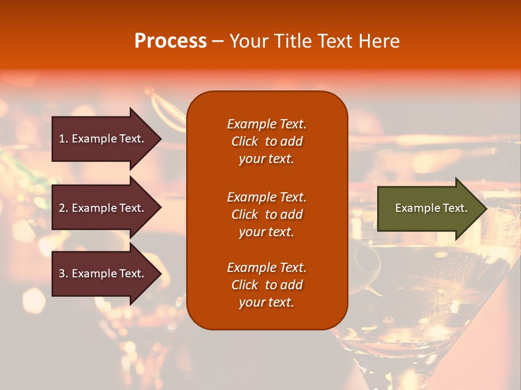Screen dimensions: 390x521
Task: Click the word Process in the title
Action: pos(170,41)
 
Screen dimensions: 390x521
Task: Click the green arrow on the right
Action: pos(429,209)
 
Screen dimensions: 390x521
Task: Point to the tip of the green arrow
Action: pos(485,209)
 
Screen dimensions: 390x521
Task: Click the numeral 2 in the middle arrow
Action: pos(62,208)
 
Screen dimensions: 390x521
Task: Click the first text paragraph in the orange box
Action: pos(266,141)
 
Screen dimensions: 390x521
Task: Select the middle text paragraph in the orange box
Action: pos(266,214)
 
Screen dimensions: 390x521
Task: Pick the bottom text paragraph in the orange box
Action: pos(266,285)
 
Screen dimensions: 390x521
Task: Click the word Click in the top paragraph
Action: pos(244,141)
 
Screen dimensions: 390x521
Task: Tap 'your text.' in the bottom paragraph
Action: pos(266,302)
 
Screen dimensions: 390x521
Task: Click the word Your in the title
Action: pos(247,41)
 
